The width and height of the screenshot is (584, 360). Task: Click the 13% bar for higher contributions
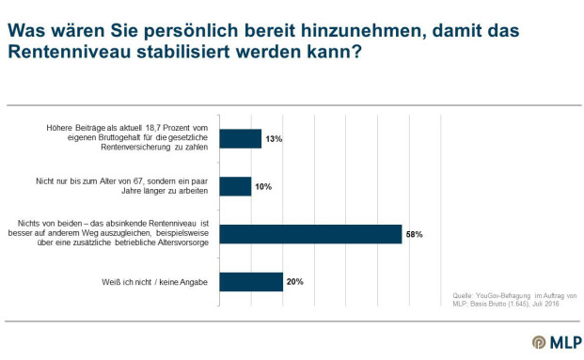(240, 138)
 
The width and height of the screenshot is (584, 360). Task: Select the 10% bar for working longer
(235, 186)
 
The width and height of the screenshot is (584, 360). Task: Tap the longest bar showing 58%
(310, 234)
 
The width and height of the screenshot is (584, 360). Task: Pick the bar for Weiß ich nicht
(251, 282)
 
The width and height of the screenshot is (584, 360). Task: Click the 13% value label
(274, 139)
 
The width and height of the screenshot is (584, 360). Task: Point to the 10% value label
(264, 187)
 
